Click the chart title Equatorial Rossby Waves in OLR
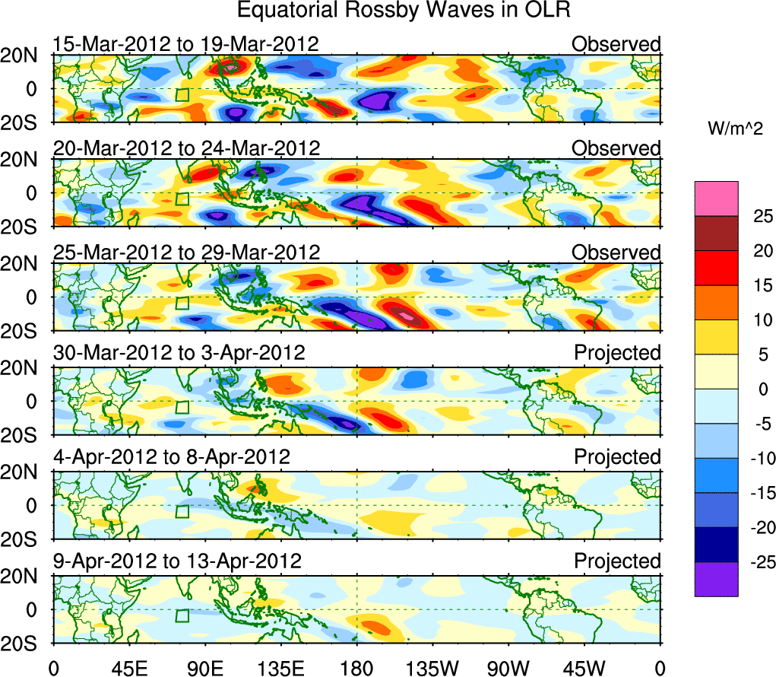click(404, 11)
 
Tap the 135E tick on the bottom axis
click(280, 668)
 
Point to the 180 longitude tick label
click(356, 668)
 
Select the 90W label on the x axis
click(508, 668)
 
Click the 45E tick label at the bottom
click(128, 668)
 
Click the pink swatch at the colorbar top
click(715, 199)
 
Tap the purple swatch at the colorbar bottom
click(715, 579)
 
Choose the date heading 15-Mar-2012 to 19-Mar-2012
click(185, 44)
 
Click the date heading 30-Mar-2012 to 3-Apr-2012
click(179, 353)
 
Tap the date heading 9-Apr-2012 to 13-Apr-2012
click(177, 561)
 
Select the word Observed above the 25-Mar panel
click(616, 252)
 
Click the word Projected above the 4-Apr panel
click(617, 457)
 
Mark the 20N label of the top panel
click(26, 55)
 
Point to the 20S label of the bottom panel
click(26, 644)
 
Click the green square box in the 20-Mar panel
click(182, 199)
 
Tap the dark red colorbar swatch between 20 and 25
click(715, 234)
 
